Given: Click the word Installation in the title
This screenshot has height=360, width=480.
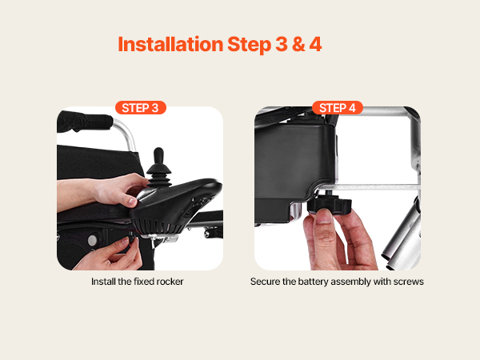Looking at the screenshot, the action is click(170, 44).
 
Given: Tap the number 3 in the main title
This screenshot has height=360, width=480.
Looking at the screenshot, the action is click(282, 44).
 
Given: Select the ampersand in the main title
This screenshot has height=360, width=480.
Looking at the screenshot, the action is click(298, 44).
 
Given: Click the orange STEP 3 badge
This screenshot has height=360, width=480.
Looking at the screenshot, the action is click(141, 108).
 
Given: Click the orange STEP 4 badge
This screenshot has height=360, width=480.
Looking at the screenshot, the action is click(338, 108).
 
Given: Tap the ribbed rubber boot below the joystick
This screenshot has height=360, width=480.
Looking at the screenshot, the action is click(159, 176).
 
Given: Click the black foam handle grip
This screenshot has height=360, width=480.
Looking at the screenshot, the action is click(83, 122).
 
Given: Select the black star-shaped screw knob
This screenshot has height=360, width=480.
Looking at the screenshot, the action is click(330, 204).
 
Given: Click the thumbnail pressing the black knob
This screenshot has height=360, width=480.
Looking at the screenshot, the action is click(323, 215).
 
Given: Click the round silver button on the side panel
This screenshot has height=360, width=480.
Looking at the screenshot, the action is click(93, 240).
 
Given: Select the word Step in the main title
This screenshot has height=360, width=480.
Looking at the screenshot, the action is click(249, 45).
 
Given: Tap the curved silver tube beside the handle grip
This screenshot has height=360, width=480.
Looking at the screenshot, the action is click(126, 132).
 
